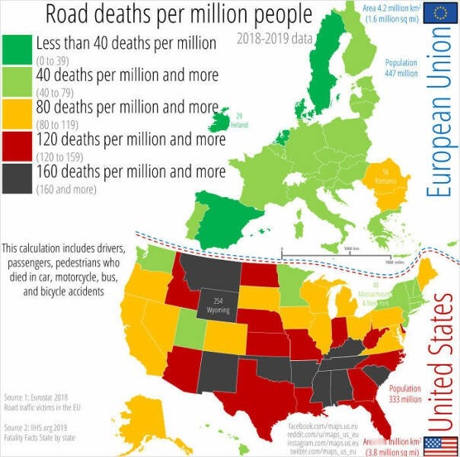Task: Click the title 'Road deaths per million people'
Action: pyautogui.click(x=178, y=14)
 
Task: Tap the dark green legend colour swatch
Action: pyautogui.click(x=17, y=49)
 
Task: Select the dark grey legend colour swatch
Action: pyautogui.click(x=17, y=177)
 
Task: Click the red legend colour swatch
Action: pyautogui.click(x=17, y=145)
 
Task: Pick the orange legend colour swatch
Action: pyautogui.click(x=17, y=113)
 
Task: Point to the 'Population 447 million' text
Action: pyautogui.click(x=401, y=68)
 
